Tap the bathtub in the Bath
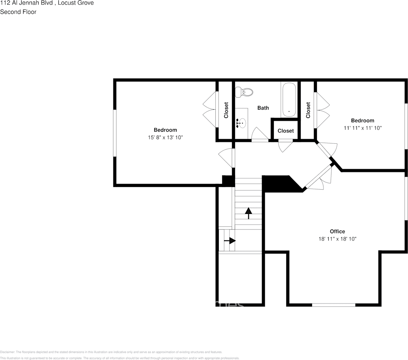pyautogui.click(x=289, y=100)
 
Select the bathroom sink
pyautogui.click(x=241, y=123)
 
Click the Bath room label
pyautogui.click(x=263, y=108)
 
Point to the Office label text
pyautogui.click(x=337, y=231)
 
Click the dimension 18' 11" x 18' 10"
pyautogui.click(x=337, y=239)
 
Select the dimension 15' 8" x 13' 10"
pyautogui.click(x=165, y=138)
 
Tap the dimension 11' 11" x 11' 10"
pyautogui.click(x=362, y=128)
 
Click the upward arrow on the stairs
pyautogui.click(x=248, y=213)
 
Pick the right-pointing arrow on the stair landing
pyautogui.click(x=230, y=241)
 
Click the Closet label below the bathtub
pyautogui.click(x=286, y=131)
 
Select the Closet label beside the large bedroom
pyautogui.click(x=226, y=110)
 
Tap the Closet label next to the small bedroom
pyautogui.click(x=308, y=110)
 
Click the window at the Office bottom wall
pyautogui.click(x=334, y=305)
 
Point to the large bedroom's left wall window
pyautogui.click(x=115, y=133)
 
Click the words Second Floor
pyautogui.click(x=18, y=12)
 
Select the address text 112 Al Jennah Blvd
pyautogui.click(x=27, y=3)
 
